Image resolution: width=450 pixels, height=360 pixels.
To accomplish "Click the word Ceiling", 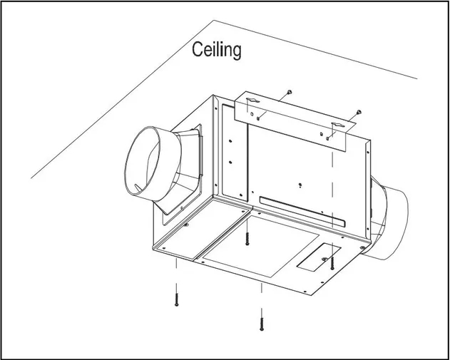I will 218,50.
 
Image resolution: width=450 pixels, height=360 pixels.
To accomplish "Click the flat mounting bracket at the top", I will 292,121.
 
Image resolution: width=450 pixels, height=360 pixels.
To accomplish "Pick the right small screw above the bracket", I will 359,111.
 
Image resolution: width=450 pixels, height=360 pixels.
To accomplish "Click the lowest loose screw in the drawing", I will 262,322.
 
